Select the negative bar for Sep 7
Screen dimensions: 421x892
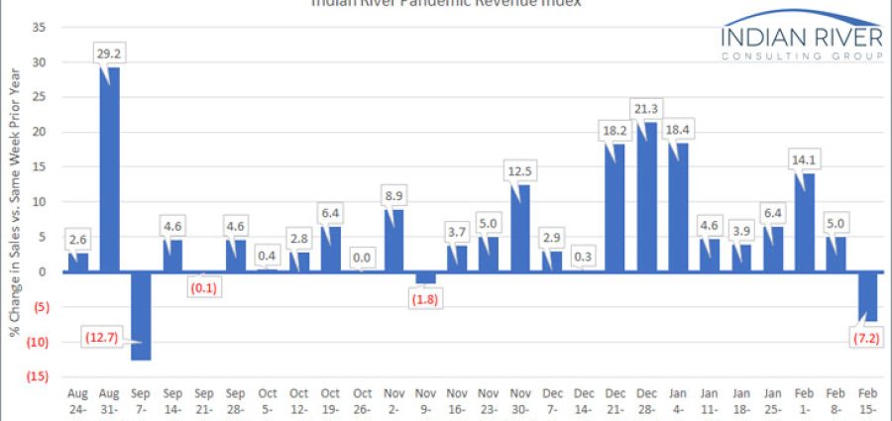point(140,315)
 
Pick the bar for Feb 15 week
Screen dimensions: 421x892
point(867,296)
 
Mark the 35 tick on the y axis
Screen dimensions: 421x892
point(39,27)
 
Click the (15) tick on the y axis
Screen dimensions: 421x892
point(37,376)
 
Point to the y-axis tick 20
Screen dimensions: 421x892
point(39,132)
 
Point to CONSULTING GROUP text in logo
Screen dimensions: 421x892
point(802,58)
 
